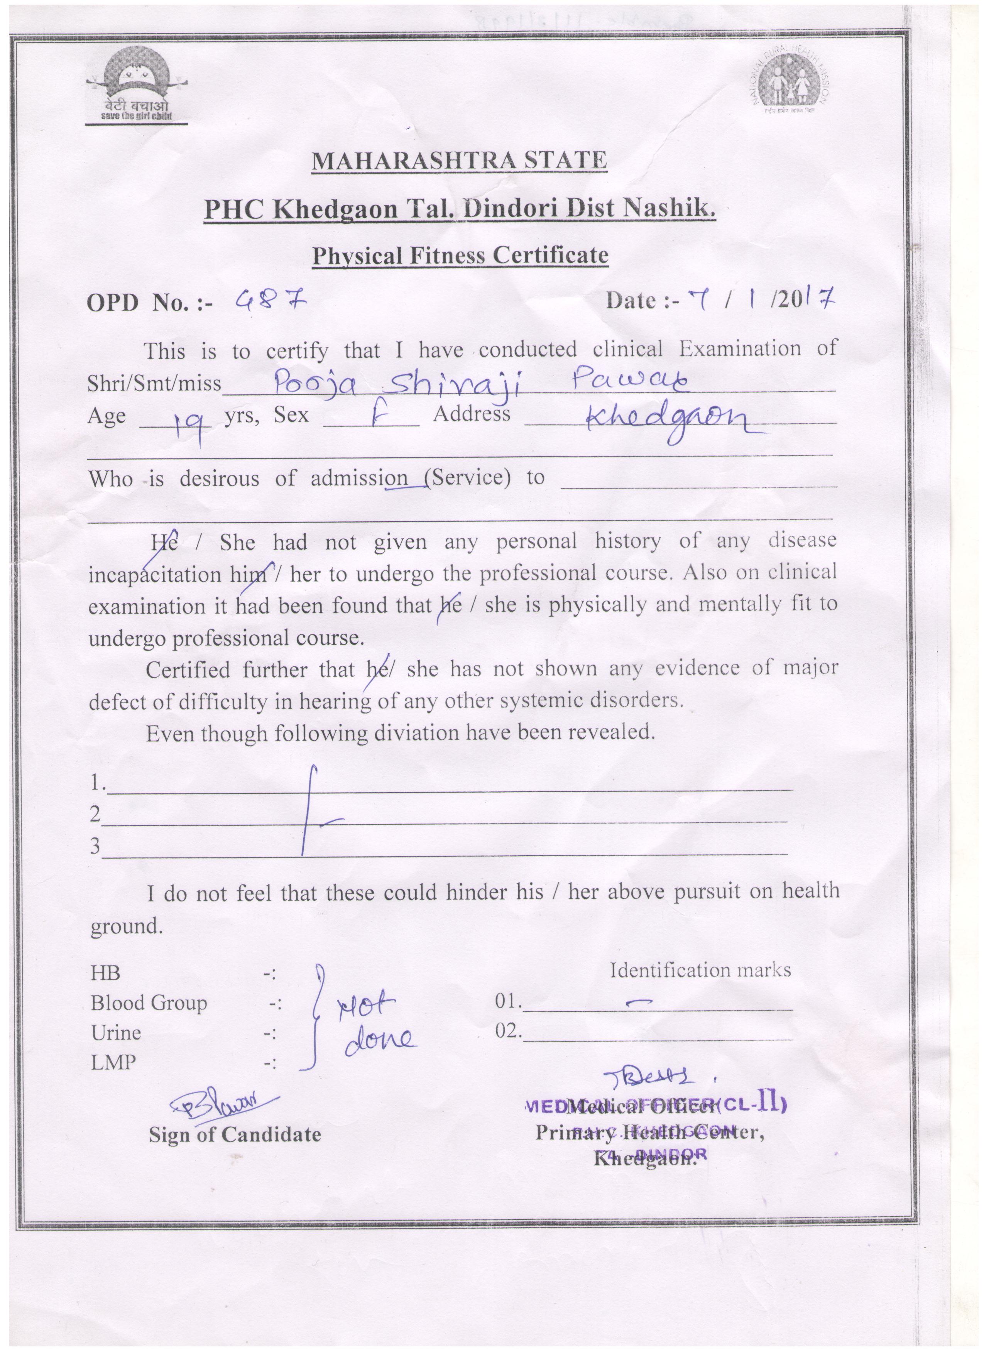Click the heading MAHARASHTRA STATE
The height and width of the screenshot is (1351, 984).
pos(459,160)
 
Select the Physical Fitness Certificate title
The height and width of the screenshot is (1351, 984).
pos(460,255)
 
